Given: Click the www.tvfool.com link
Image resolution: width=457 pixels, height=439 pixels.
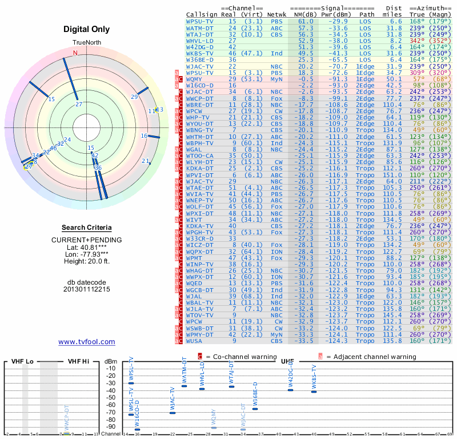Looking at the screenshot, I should click(87, 342).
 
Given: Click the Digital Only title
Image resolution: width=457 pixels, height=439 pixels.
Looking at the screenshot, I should click(86, 29).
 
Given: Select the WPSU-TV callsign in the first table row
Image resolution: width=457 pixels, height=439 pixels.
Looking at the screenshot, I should click(200, 21).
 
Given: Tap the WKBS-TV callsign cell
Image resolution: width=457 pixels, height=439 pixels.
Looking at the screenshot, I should click(200, 53).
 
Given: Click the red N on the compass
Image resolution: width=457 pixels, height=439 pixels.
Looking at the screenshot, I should click(75, 53).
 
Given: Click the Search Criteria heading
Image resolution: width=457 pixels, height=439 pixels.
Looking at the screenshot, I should click(86, 228).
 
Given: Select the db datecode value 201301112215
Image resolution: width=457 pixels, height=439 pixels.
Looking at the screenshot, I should click(86, 289).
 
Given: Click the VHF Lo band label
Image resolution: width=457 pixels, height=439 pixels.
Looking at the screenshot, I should click(22, 361).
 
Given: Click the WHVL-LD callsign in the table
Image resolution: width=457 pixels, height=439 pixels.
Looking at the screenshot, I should click(200, 41).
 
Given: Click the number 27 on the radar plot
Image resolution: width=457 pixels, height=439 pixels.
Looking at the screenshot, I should click(79, 103).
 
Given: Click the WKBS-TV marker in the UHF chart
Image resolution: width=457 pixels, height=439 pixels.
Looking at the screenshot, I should click(314, 392).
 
